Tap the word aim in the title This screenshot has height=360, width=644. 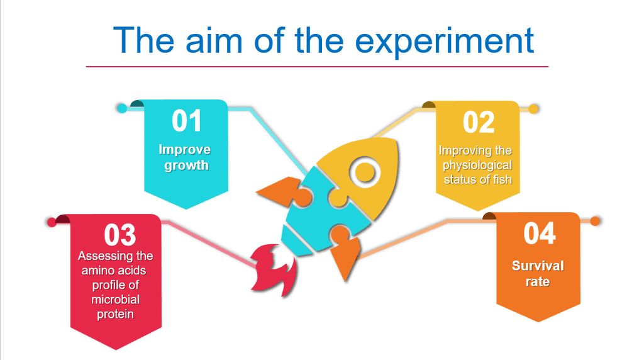[x=214, y=40]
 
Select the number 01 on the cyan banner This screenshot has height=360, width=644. [x=187, y=121]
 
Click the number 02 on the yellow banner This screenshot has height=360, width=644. [x=479, y=122]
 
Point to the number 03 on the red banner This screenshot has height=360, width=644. [x=119, y=235]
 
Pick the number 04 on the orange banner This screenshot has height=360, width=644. [x=539, y=233]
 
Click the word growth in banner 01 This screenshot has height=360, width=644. [x=186, y=166]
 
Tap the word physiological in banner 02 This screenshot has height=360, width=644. [x=477, y=165]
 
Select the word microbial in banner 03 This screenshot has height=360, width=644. [x=116, y=300]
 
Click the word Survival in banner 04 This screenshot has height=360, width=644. [x=538, y=266]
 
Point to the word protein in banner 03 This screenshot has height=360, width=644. [x=116, y=315]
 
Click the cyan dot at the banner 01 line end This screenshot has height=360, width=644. [x=122, y=108]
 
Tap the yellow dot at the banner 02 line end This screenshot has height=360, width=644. [x=533, y=109]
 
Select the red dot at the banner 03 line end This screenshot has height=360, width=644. [x=52, y=222]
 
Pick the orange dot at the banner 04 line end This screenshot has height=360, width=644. [x=595, y=221]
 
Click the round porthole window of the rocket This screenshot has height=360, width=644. [x=365, y=172]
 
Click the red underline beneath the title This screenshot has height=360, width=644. [x=317, y=66]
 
